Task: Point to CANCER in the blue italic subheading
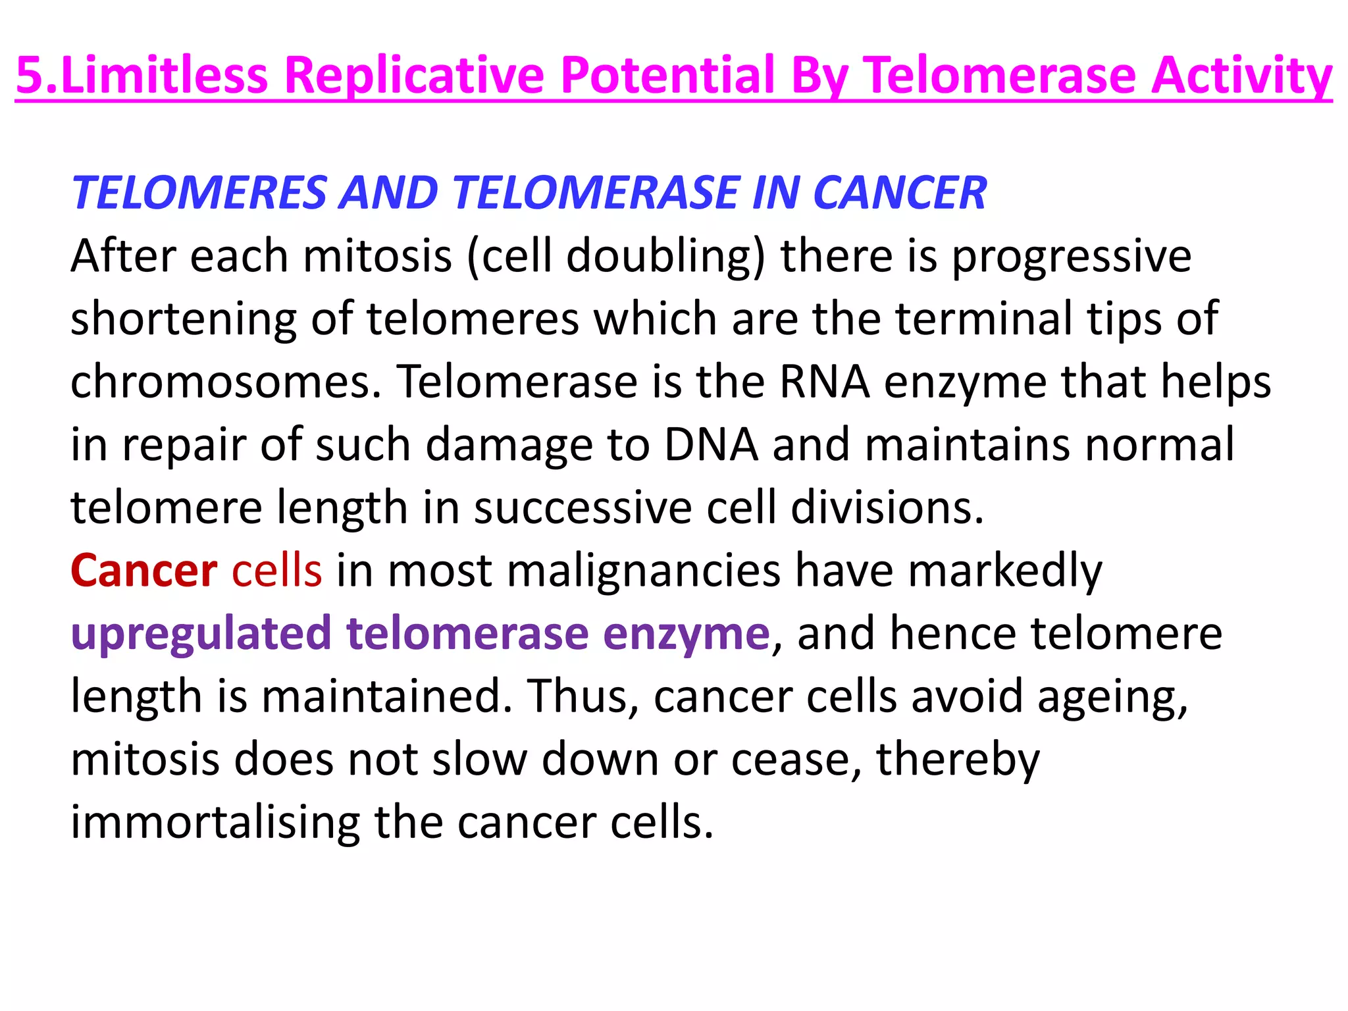point(900,193)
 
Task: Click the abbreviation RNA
point(824,381)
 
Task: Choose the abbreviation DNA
point(711,444)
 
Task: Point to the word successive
point(583,507)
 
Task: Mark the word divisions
point(887,507)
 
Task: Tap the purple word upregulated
point(201,634)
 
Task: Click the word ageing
point(1112,697)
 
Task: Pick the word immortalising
point(215,823)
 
